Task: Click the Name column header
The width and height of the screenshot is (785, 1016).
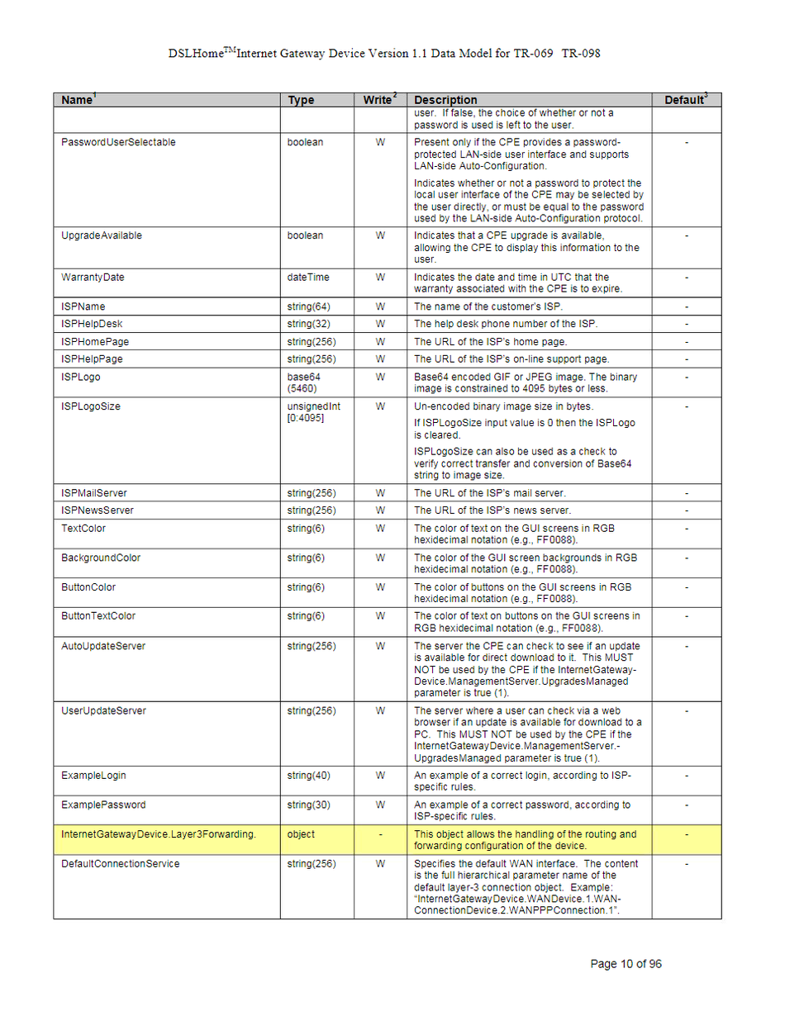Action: coord(77,100)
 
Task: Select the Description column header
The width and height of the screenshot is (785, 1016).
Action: coord(445,100)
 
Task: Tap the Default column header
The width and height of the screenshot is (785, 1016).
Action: coord(685,100)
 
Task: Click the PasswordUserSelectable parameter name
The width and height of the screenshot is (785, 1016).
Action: coord(118,142)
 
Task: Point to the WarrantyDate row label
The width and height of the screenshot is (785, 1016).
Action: coord(93,278)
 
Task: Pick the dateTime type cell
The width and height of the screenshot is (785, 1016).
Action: coord(308,278)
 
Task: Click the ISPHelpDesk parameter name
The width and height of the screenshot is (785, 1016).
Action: coord(92,324)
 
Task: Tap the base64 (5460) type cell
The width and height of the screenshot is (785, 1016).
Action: coord(304,382)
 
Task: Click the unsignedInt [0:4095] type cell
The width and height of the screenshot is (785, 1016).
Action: coord(314,412)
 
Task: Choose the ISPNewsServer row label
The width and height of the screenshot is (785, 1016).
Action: coord(98,510)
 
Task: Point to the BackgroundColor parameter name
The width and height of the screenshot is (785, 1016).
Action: coord(101,558)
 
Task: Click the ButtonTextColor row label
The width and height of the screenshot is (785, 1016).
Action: coord(98,616)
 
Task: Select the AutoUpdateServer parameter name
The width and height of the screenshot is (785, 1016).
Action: coord(102,646)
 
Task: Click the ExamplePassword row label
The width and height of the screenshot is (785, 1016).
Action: coord(103,805)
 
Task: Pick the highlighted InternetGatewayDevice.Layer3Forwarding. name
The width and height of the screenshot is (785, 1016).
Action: coord(159,834)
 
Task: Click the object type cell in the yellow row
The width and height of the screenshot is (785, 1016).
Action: coord(301,834)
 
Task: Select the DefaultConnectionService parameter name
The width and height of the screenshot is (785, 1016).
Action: coord(120,864)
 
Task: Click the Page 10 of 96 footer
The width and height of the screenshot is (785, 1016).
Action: coord(626,964)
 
